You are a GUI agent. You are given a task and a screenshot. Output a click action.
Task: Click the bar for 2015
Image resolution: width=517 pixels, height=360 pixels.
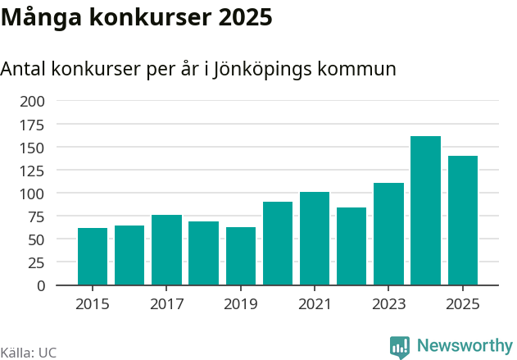pos(93,257)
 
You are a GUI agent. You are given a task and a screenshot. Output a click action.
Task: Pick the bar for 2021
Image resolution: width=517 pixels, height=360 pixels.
pos(315,239)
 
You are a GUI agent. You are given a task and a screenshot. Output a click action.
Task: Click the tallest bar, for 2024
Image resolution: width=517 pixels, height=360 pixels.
pos(425,211)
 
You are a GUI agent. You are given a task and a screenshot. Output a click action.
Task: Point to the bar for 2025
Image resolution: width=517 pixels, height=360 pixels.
pos(463,221)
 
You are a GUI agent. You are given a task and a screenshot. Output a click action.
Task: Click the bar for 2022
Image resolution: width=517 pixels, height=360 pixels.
pos(351,246)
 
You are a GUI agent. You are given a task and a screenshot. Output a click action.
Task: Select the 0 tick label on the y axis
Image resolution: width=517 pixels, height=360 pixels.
pos(41,286)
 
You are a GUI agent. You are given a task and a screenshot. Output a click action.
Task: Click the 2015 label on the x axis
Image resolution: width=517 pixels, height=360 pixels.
pos(93,304)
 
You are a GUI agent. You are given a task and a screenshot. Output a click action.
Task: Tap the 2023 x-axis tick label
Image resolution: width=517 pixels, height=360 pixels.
pos(388,304)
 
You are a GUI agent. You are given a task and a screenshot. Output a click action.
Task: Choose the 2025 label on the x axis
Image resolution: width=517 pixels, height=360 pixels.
pos(463,304)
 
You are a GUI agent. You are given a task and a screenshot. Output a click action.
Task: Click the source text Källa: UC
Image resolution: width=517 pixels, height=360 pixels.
pos(29,352)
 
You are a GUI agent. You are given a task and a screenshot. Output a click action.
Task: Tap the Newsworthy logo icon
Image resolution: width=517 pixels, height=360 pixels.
pos(400,347)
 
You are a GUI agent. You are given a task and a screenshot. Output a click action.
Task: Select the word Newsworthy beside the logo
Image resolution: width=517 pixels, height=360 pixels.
pos(464,346)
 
